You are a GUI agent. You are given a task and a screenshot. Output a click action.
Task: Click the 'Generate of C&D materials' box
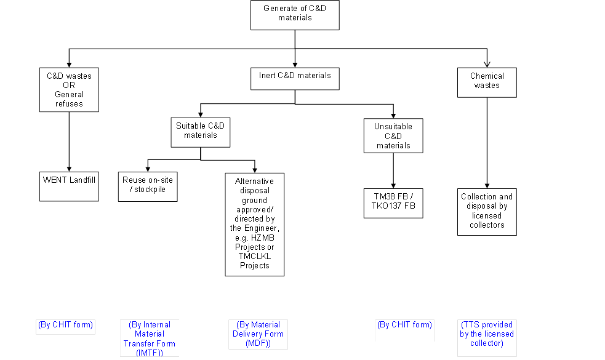click(x=295, y=15)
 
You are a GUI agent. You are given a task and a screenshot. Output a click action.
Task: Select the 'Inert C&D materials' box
click(x=295, y=79)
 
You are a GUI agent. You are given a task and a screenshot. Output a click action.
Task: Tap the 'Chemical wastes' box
click(x=487, y=82)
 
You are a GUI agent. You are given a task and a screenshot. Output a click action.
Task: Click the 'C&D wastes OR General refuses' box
click(x=69, y=90)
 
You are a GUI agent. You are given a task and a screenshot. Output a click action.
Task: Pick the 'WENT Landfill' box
click(x=69, y=186)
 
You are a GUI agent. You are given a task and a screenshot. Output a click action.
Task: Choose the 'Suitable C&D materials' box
click(x=201, y=132)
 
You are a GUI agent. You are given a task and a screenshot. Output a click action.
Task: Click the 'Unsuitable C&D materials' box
click(x=393, y=136)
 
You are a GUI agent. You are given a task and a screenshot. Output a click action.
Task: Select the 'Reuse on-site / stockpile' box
click(x=148, y=186)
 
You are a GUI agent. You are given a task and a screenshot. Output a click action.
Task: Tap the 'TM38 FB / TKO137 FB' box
click(x=393, y=203)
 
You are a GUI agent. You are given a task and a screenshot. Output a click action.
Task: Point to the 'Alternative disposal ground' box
click(x=255, y=225)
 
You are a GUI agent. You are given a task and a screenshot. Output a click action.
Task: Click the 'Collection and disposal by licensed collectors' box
click(x=487, y=212)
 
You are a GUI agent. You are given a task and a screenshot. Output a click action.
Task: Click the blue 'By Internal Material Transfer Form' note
click(x=150, y=338)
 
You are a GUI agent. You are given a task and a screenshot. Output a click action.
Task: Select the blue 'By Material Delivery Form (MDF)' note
click(x=258, y=334)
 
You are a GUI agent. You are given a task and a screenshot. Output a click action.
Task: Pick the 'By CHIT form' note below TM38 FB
click(x=405, y=325)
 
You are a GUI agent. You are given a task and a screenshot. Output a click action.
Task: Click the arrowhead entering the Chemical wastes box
click(x=487, y=65)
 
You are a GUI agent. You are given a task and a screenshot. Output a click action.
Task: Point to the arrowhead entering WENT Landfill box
click(x=69, y=169)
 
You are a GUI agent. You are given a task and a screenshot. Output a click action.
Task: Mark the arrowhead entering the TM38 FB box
click(x=393, y=186)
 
